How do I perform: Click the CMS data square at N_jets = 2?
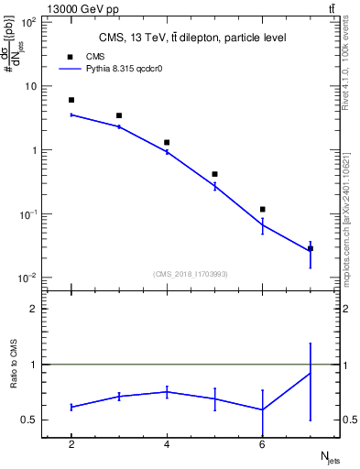click(71, 100)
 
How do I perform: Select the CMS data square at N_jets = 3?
click(119, 115)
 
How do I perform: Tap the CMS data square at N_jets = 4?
click(167, 142)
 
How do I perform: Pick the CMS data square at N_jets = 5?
click(214, 174)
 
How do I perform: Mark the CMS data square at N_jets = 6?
click(262, 210)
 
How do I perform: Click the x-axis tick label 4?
click(167, 444)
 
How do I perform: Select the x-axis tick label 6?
click(262, 444)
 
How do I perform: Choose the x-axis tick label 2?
click(71, 444)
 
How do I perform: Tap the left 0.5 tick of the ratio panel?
click(31, 420)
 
